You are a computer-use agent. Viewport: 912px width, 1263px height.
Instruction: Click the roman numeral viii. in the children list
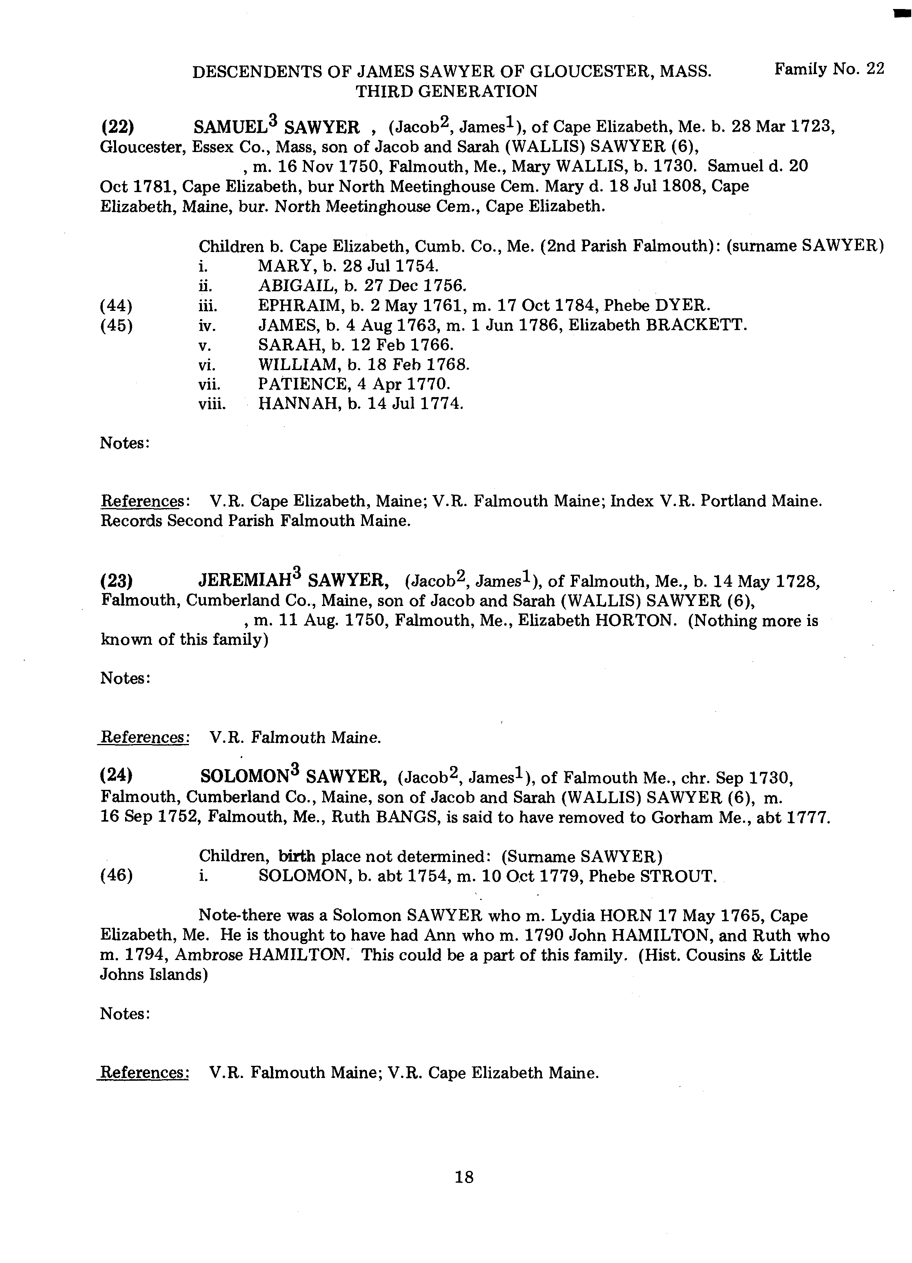pyautogui.click(x=212, y=404)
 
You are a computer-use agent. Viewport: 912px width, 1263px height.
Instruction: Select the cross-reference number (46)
pyautogui.click(x=116, y=876)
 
